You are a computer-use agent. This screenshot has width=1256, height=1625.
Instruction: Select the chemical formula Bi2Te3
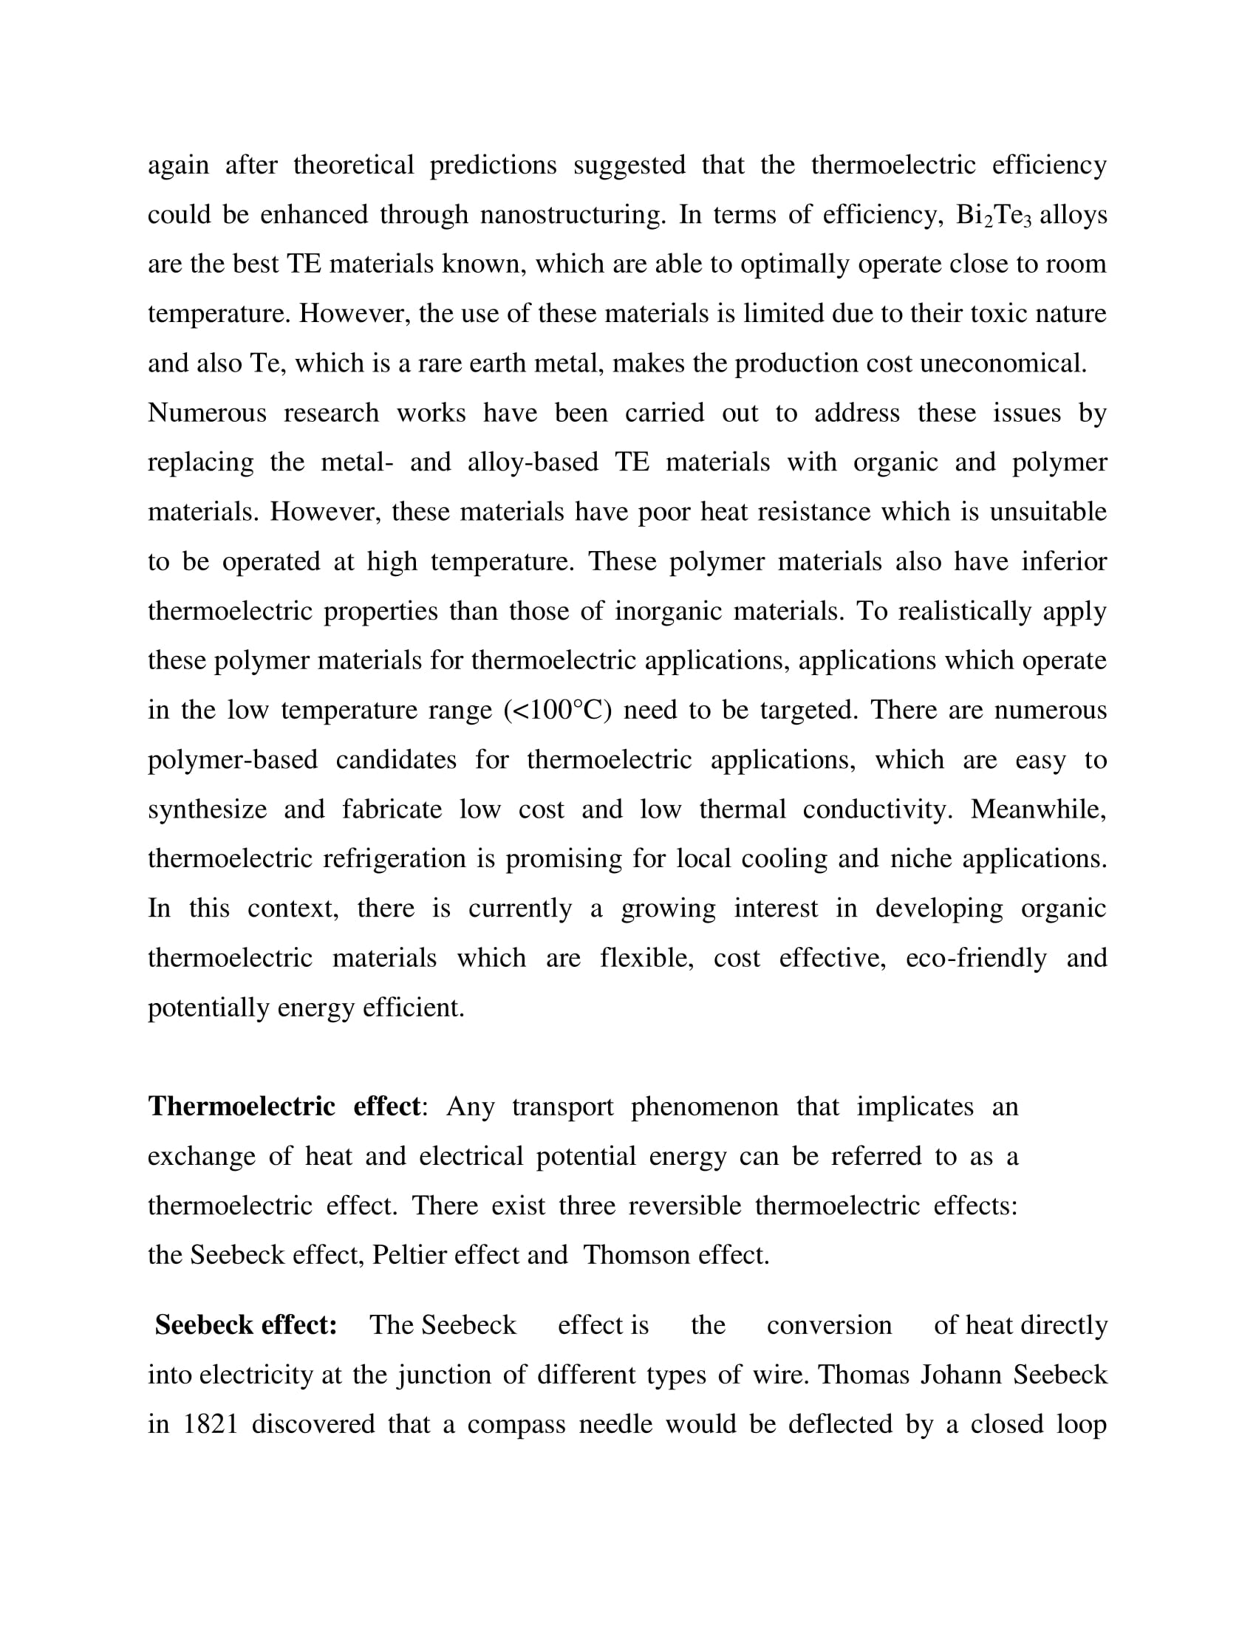coord(993,215)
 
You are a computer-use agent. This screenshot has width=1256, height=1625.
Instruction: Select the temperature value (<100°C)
coord(557,710)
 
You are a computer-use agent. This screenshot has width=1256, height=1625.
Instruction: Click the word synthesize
coord(207,810)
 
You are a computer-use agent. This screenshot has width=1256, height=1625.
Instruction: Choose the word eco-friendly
coord(975,957)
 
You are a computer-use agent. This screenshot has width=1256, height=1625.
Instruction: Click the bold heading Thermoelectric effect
coord(284,1106)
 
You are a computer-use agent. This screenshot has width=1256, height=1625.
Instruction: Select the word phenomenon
coord(705,1106)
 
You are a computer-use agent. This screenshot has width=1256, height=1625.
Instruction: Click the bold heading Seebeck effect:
coord(245,1325)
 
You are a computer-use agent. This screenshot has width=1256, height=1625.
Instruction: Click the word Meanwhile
coord(1038,810)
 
